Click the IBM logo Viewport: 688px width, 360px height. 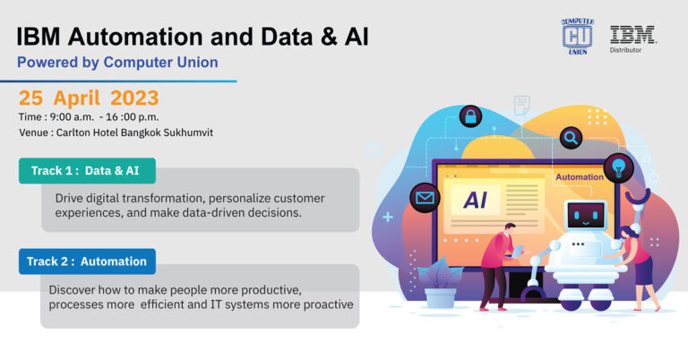pos(632,34)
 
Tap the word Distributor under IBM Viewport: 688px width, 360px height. pos(632,50)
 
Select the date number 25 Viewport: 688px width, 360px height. pos(32,98)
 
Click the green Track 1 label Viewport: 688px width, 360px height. pos(86,171)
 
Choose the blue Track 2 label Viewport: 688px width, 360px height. pos(86,261)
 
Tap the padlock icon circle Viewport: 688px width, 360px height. pos(470,116)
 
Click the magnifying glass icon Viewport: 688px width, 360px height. pos(570,138)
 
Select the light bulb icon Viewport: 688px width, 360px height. pos(617,166)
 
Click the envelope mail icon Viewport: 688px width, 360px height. pos(423,198)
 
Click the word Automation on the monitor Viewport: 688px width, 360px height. pos(579,177)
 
